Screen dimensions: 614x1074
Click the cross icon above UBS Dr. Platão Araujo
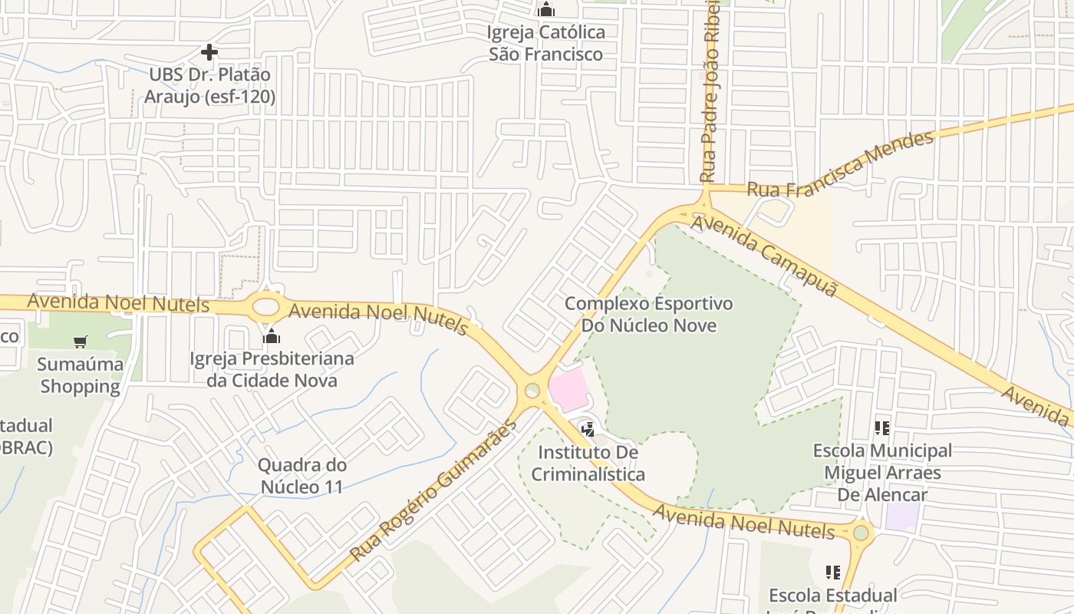209,52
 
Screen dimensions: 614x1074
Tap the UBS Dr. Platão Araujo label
209,86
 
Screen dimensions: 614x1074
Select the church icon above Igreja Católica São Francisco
546,9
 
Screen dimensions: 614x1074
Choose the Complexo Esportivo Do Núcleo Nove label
649,315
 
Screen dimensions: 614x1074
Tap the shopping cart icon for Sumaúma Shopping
81,342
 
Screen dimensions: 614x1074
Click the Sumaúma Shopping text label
81,375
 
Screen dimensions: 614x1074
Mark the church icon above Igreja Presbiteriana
272,336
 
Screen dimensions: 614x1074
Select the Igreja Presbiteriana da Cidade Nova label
272,369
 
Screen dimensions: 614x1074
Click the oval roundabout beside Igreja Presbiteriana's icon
265,307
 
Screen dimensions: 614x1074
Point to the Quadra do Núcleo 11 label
301,476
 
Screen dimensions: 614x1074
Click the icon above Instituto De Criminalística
588,430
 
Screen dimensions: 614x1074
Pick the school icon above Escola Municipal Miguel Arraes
881,428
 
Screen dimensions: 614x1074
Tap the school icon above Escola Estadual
832,573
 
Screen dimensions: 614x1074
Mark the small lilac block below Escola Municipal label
901,516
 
